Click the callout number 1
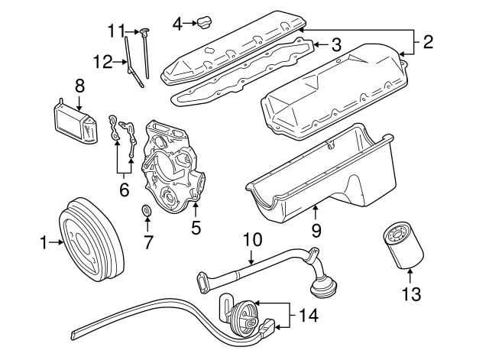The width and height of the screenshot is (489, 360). point(43,244)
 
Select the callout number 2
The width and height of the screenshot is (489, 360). point(428,43)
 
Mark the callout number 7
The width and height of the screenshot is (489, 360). point(148,243)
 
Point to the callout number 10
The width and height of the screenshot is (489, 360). point(252,239)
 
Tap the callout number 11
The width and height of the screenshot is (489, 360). point(115,31)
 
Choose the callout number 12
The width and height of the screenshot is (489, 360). point(102,60)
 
